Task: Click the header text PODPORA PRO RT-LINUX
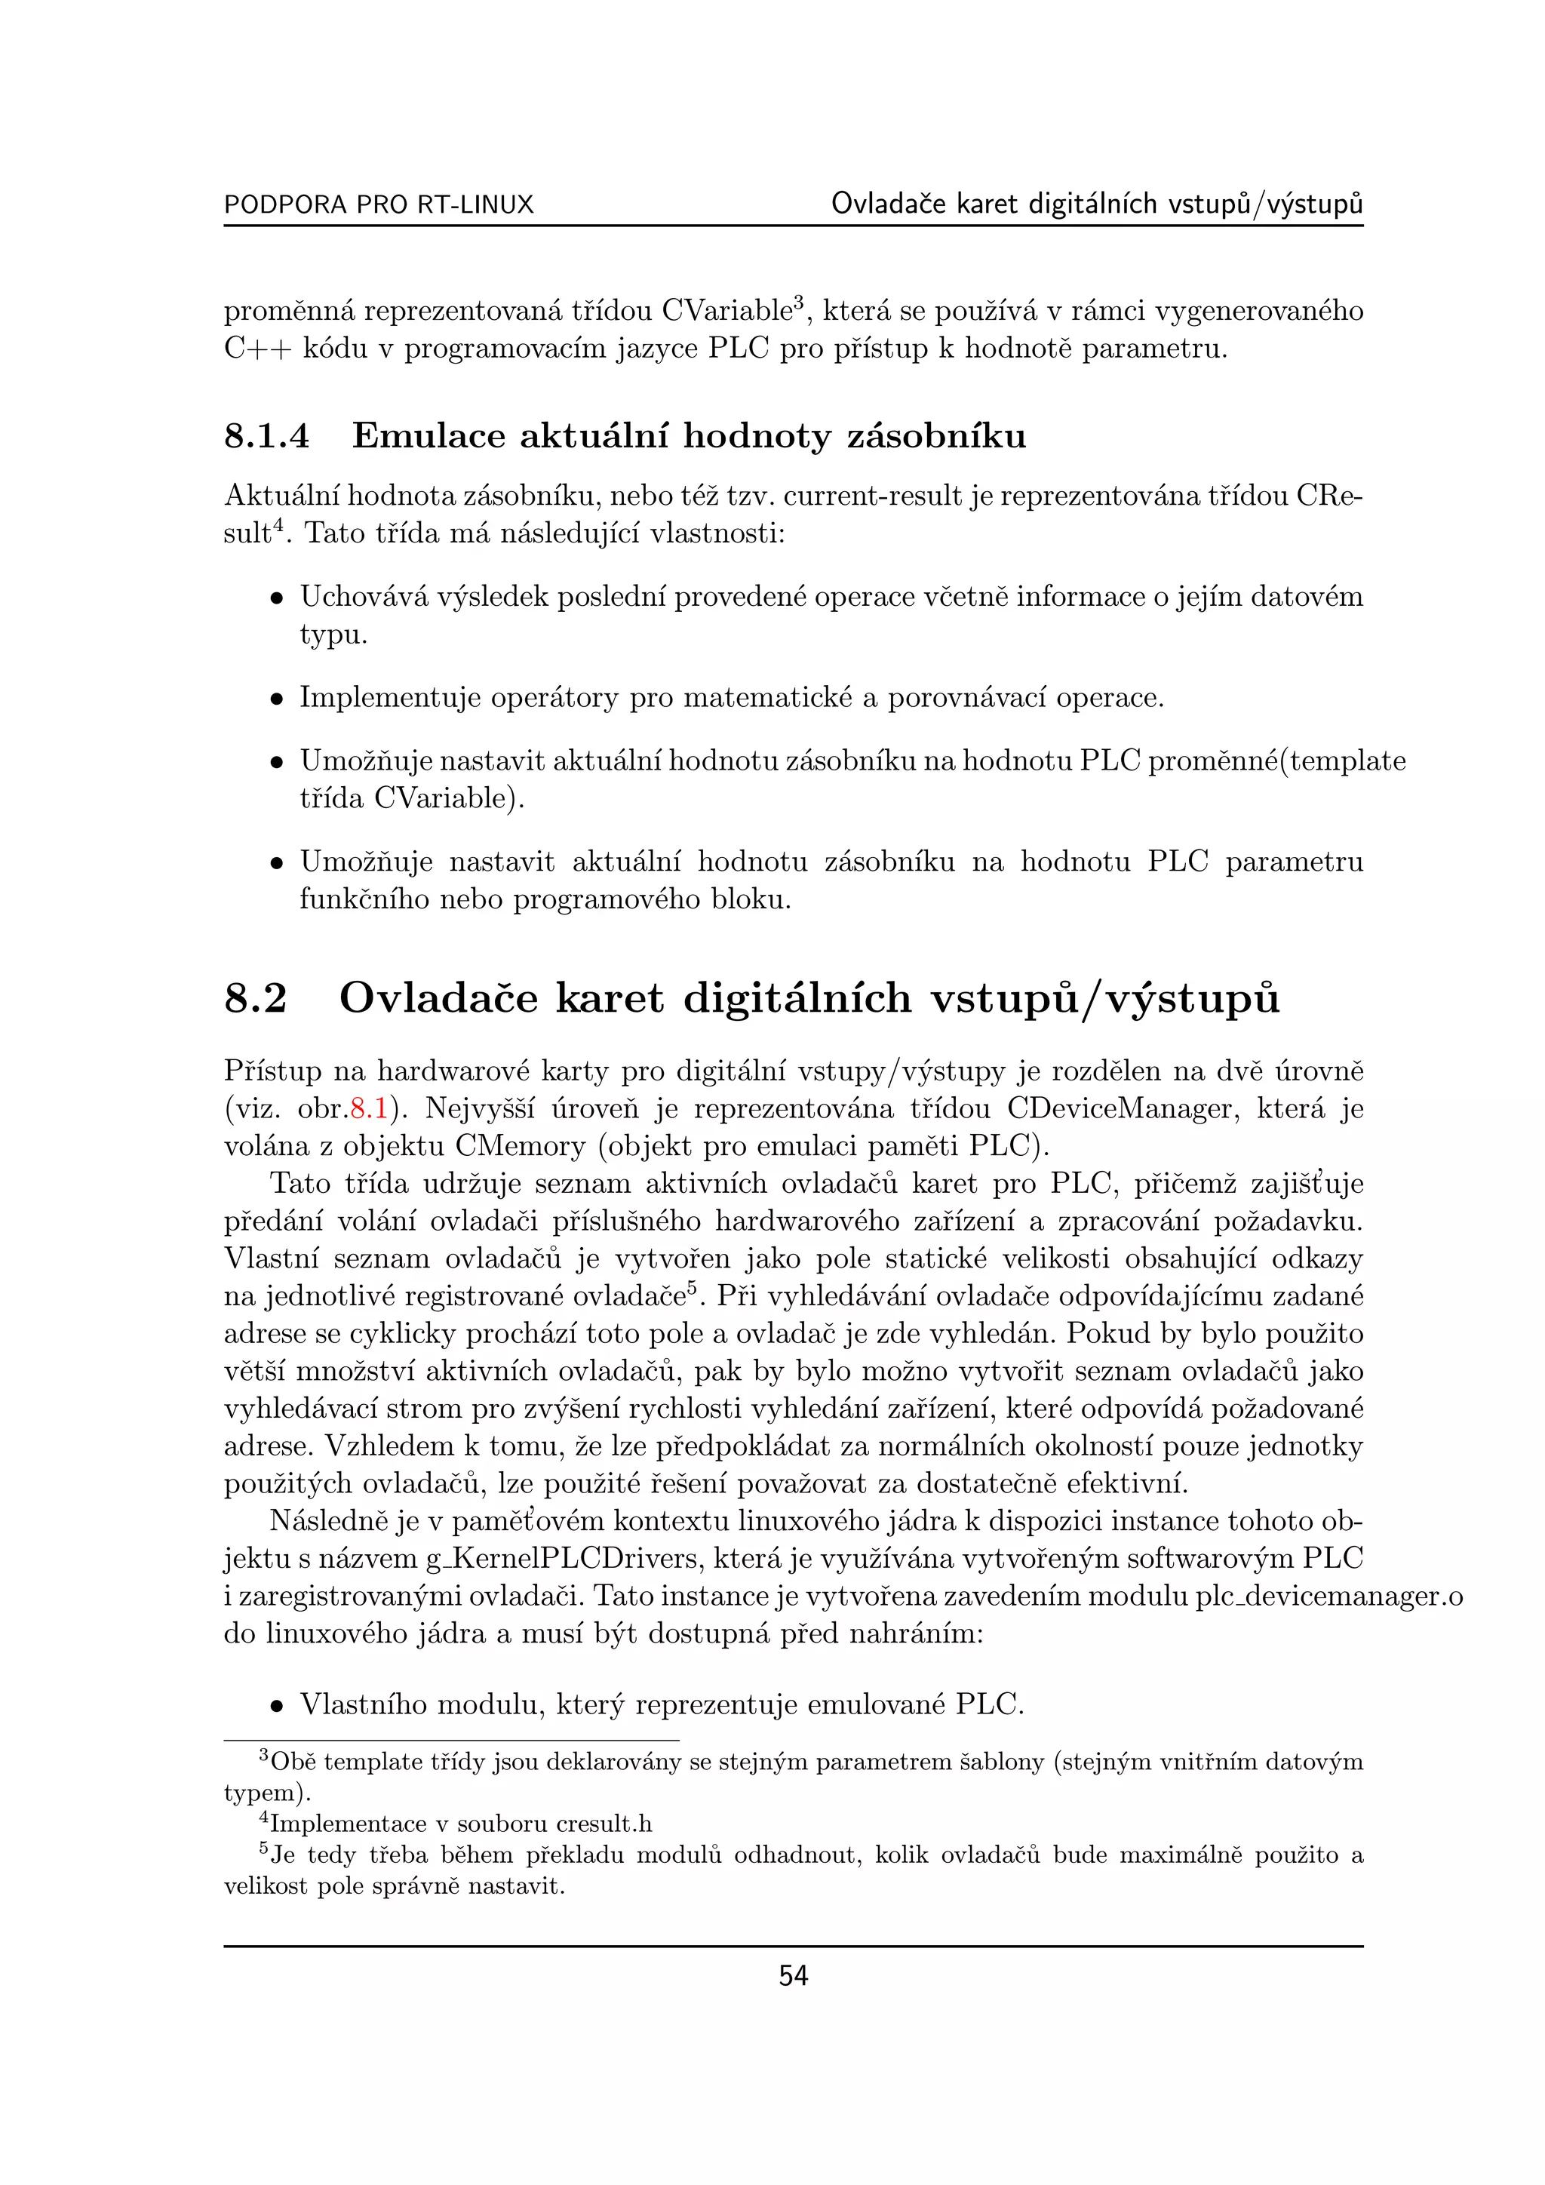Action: (379, 204)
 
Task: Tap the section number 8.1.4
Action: (266, 437)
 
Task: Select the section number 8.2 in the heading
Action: (255, 998)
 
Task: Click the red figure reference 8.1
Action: (368, 1108)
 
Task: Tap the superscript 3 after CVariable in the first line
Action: (799, 302)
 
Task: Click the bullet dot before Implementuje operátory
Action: (276, 699)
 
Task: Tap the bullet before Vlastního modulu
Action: (276, 1705)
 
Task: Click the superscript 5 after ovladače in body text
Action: (693, 1289)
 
